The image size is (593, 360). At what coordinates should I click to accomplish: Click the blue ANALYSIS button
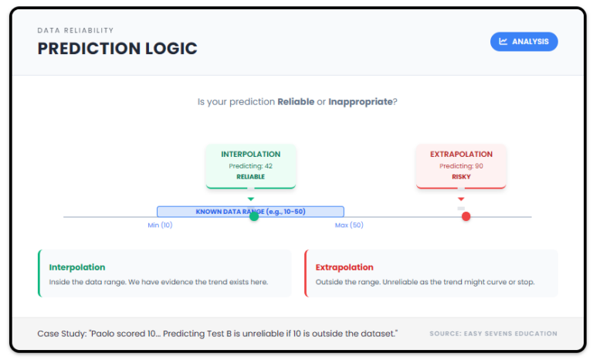coord(524,42)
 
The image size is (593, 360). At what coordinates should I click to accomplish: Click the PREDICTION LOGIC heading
coord(117,49)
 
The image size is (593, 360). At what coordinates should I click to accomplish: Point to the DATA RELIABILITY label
coord(76,31)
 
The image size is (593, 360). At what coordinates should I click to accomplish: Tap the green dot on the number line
coord(254,216)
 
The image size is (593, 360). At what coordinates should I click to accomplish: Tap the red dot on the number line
coord(466,216)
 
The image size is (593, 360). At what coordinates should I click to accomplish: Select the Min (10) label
coord(160,226)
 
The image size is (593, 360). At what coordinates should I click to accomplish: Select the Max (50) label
coord(349,226)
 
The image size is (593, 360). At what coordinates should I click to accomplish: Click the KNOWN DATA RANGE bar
coord(250,211)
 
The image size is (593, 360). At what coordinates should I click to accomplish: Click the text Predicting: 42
coord(250,166)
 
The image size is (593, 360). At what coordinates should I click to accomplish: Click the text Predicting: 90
coord(461,166)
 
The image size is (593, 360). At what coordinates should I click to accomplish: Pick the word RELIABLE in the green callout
coord(250,177)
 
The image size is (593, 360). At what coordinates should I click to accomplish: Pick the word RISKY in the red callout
coord(461,177)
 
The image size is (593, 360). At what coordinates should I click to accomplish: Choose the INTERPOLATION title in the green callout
coord(250,155)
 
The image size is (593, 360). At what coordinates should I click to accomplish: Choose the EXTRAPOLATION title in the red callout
coord(461,155)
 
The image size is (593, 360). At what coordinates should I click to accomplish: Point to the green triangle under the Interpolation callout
coord(250,199)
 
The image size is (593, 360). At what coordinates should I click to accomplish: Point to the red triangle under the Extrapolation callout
coord(461,199)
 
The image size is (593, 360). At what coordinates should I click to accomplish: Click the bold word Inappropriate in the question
coord(360,102)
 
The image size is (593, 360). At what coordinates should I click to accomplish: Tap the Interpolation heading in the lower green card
coord(77,267)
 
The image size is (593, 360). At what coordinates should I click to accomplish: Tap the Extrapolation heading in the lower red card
coord(344,267)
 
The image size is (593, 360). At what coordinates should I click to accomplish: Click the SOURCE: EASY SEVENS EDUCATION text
coord(493,334)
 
